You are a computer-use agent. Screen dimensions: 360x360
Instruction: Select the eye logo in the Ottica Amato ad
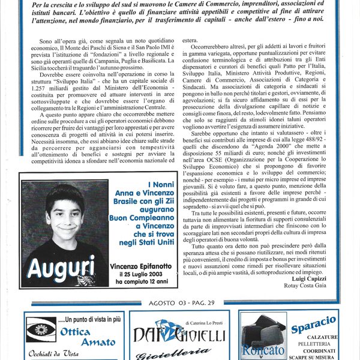pyautogui.click(x=40, y=329)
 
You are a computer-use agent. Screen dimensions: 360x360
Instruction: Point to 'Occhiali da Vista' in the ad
pyautogui.click(x=54, y=354)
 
